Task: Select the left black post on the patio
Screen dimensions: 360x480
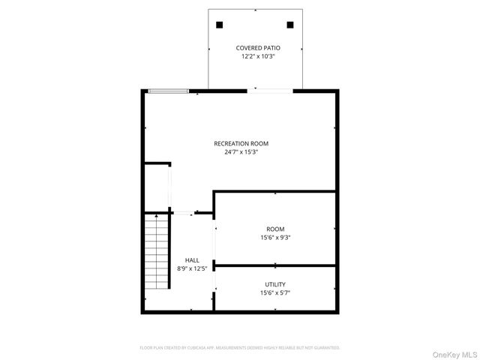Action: [x=220, y=24]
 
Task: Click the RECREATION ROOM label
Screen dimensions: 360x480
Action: [x=241, y=143]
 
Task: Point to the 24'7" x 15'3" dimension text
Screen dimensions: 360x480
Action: [x=241, y=152]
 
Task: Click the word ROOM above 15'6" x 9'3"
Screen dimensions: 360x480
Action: [x=275, y=229]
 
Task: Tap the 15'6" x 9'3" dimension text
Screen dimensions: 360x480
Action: [x=275, y=238]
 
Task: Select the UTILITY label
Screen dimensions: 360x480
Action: [x=274, y=284]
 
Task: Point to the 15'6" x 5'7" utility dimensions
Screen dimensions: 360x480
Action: [x=274, y=293]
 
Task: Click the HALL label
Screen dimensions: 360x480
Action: [x=192, y=260]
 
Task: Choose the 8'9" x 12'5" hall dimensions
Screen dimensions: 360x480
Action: [x=192, y=269]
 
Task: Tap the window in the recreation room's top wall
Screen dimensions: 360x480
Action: [x=169, y=91]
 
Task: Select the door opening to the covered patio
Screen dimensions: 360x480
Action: [x=270, y=91]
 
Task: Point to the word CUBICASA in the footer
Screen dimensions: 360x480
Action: [x=202, y=347]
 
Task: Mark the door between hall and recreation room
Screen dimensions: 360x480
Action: [x=184, y=214]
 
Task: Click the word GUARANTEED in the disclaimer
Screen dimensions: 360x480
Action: [x=327, y=347]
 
